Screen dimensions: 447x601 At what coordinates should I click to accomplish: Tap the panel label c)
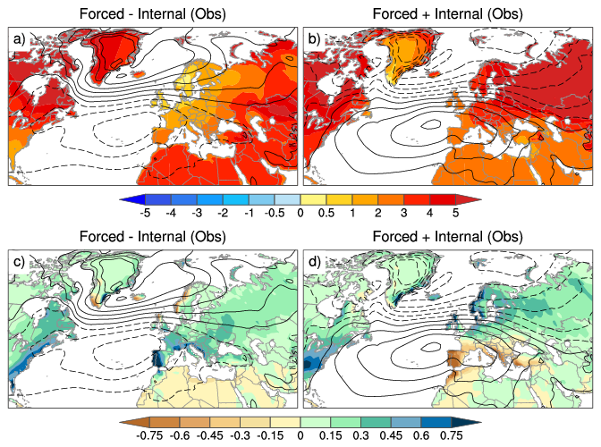click(19, 266)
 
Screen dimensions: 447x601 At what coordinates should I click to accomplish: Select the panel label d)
click(315, 266)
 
